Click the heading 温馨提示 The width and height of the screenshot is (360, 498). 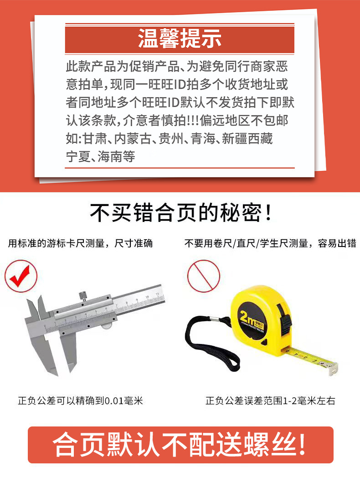(x=180, y=39)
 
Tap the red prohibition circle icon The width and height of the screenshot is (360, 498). (x=204, y=276)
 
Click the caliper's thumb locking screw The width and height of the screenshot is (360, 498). (x=83, y=296)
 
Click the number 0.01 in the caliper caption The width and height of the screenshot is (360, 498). (x=114, y=401)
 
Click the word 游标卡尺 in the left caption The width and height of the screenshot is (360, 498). (x=66, y=243)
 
